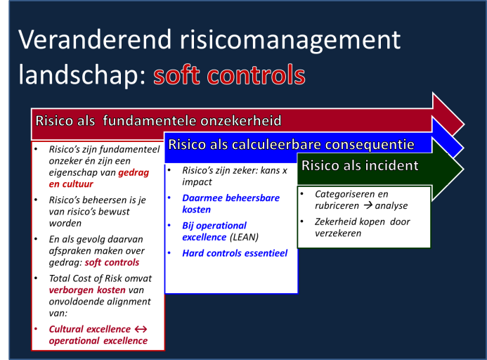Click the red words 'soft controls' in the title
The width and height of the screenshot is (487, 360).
pyautogui.click(x=229, y=75)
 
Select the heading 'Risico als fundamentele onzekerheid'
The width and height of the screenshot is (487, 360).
pyautogui.click(x=158, y=121)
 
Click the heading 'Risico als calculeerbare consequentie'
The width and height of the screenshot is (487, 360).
pyautogui.click(x=291, y=145)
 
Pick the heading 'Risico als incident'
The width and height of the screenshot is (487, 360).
pyautogui.click(x=360, y=165)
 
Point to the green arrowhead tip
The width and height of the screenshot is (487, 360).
pyautogui.click(x=464, y=169)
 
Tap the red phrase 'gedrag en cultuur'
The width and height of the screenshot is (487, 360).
pyautogui.click(x=99, y=178)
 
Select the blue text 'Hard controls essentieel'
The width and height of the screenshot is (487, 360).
pyautogui.click(x=235, y=253)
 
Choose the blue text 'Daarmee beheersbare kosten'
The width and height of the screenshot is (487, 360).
pyautogui.click(x=230, y=204)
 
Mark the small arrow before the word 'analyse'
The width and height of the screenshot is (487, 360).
pyautogui.click(x=368, y=205)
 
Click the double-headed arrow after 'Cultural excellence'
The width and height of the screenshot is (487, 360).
pyautogui.click(x=141, y=329)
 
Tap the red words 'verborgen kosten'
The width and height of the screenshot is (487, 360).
pyautogui.click(x=87, y=290)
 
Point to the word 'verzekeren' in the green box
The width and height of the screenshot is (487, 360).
pyautogui.click(x=338, y=233)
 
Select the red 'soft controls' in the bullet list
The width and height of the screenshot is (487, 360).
pyautogui.click(x=112, y=262)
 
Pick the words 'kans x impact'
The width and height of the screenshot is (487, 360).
pyautogui.click(x=235, y=176)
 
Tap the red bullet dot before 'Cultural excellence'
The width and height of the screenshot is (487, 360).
pyautogui.click(x=36, y=328)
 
